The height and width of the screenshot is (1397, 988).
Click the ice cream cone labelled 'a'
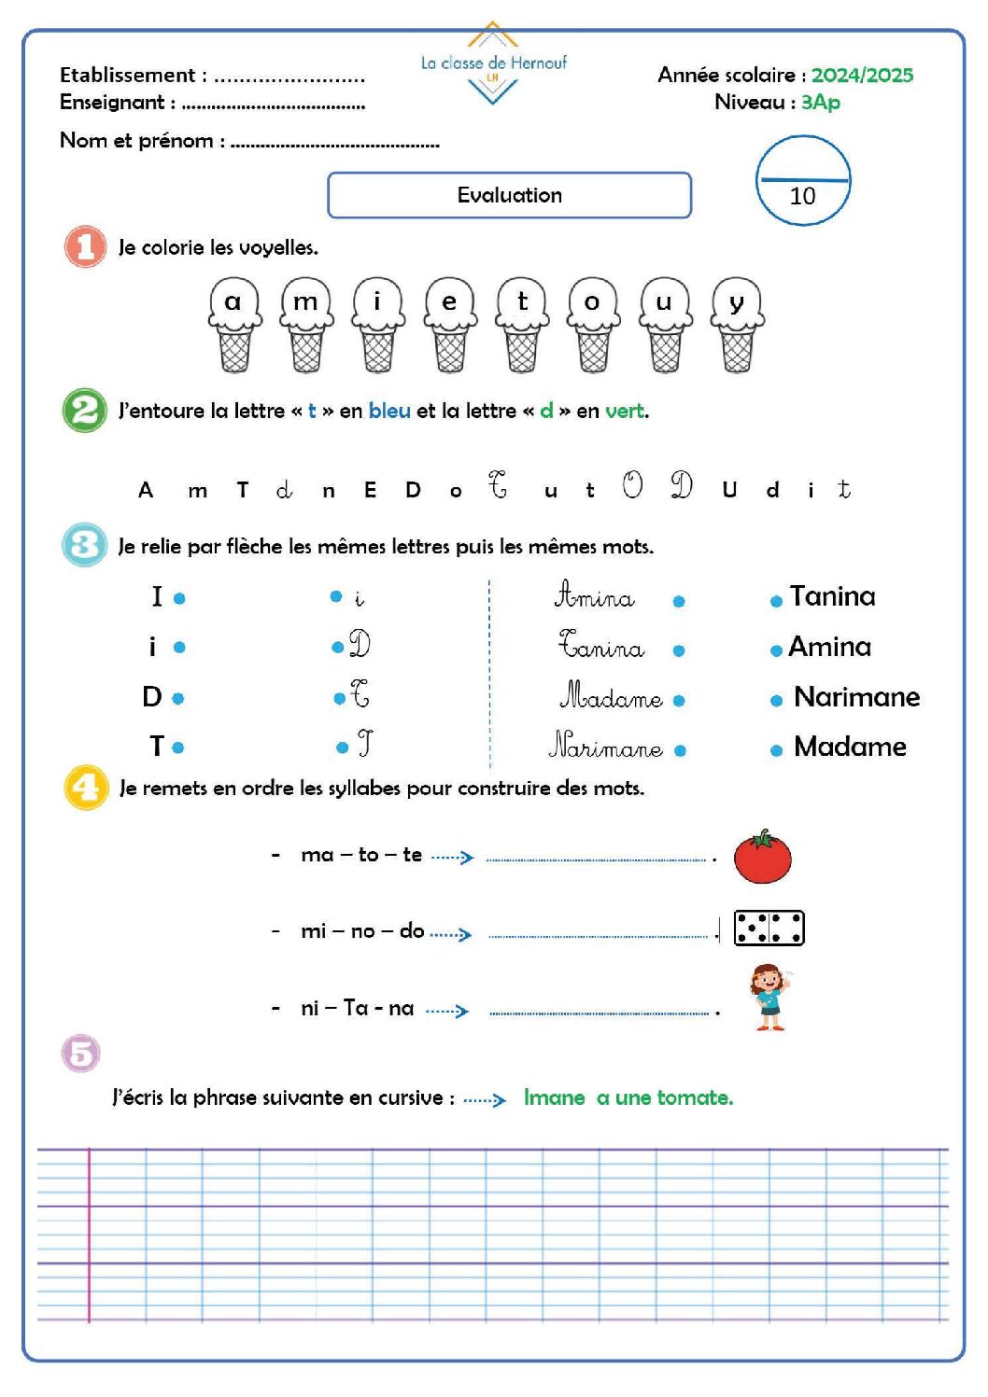[x=233, y=325]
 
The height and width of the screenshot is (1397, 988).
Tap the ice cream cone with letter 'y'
[x=737, y=325]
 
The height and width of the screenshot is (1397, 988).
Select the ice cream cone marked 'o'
[x=593, y=325]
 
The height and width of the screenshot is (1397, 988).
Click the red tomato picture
[x=762, y=857]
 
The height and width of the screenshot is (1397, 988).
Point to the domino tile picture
[x=769, y=929]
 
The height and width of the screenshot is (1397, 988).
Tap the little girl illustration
[x=769, y=998]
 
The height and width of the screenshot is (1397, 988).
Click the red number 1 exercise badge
[x=85, y=247]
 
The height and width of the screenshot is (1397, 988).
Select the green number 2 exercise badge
[x=85, y=411]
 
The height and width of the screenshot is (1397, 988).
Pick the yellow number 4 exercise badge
[x=85, y=788]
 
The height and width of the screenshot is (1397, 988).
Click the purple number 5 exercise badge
[x=81, y=1054]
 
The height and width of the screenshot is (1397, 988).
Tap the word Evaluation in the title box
[x=509, y=195]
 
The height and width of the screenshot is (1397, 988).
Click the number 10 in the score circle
[x=802, y=196]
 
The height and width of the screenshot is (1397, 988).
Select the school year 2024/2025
[x=862, y=76]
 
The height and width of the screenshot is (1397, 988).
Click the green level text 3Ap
[x=821, y=102]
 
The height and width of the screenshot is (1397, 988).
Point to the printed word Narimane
[x=856, y=697]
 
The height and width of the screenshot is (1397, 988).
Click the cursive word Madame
[x=611, y=696]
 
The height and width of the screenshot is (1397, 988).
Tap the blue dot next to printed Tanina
[x=776, y=602]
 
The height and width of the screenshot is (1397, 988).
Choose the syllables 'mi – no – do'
[x=362, y=930]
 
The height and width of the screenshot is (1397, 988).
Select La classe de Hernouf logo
[x=493, y=63]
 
